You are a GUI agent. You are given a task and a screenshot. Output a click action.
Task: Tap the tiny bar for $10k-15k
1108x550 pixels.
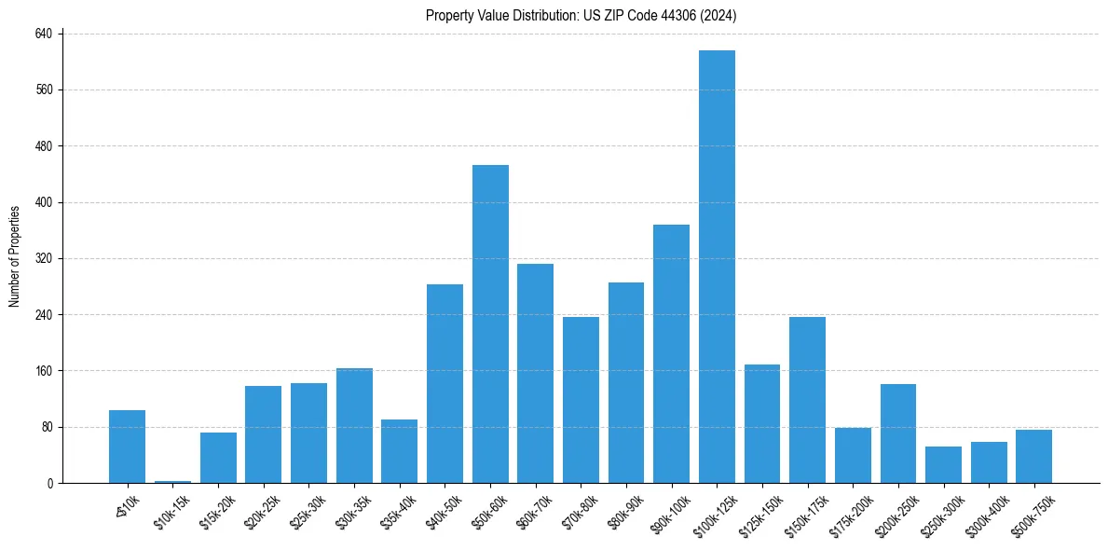point(172,481)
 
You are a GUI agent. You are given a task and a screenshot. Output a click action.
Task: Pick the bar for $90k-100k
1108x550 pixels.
point(671,354)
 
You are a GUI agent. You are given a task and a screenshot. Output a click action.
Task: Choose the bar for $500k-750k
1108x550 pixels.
point(1033,457)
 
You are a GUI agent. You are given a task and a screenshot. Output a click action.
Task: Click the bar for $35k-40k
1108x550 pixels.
point(399,451)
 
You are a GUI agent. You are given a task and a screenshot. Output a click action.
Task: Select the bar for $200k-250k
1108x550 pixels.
point(897,433)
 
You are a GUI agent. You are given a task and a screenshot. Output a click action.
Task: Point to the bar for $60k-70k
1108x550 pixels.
point(535,373)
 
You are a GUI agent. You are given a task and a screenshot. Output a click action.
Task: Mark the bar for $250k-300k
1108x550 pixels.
point(943,464)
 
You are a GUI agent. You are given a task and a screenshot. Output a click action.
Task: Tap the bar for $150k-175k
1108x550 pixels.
point(807,400)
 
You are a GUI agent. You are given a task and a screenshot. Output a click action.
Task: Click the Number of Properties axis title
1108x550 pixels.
point(15,256)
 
